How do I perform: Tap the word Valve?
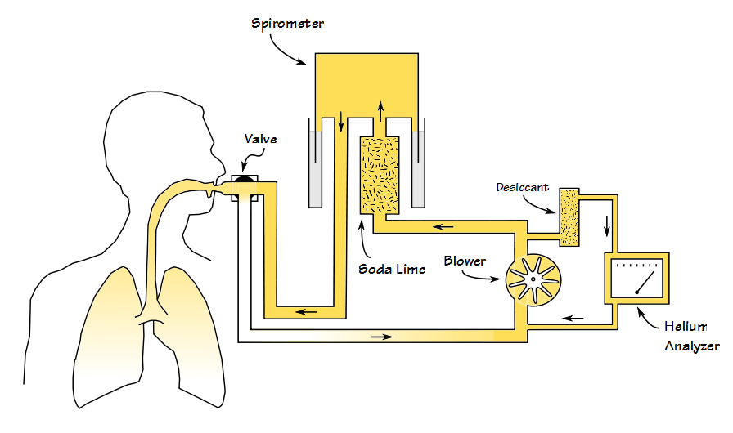pos(260,139)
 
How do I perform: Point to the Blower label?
pos(465,261)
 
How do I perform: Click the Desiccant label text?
pos(522,187)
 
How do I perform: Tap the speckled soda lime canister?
pos(380,176)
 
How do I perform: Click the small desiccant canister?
pos(569,216)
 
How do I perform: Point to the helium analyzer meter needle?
pos(645,283)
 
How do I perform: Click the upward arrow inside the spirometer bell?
pos(380,111)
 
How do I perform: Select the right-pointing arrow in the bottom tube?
pos(381,336)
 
